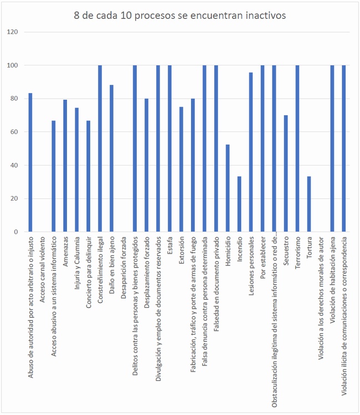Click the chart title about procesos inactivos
(x=180, y=16)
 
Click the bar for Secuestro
(x=286, y=173)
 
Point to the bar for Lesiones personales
(x=251, y=152)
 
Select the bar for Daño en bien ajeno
(x=111, y=158)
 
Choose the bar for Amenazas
(x=65, y=166)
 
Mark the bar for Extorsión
(x=181, y=169)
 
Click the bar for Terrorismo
(x=297, y=148)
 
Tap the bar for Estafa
(x=169, y=148)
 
